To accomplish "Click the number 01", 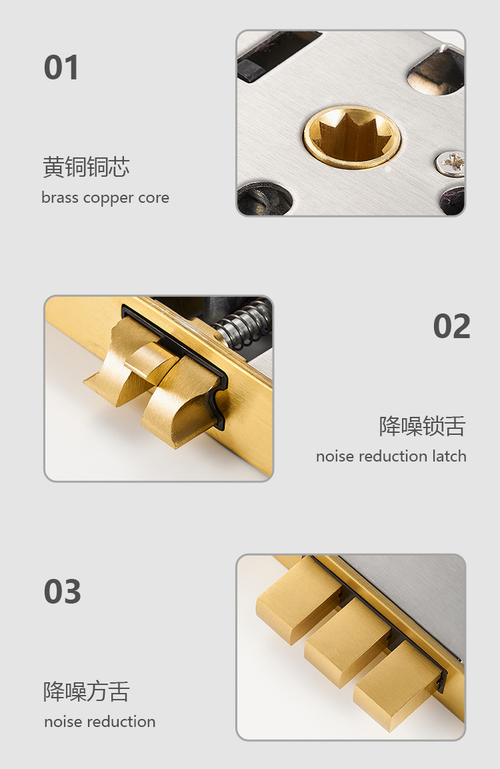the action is click(x=61, y=67).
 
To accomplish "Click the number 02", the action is click(x=451, y=326).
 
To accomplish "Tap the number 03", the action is click(x=62, y=592).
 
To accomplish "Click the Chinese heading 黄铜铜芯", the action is click(x=86, y=167).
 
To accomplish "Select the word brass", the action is click(x=60, y=197).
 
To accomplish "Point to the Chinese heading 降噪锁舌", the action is click(x=422, y=426).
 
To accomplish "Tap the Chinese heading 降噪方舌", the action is click(x=86, y=692).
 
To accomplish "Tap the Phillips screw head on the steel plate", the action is click(x=449, y=162).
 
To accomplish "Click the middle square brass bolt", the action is click(x=347, y=642).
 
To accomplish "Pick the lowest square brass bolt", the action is click(x=397, y=686).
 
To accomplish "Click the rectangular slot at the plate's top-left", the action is click(x=277, y=55).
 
